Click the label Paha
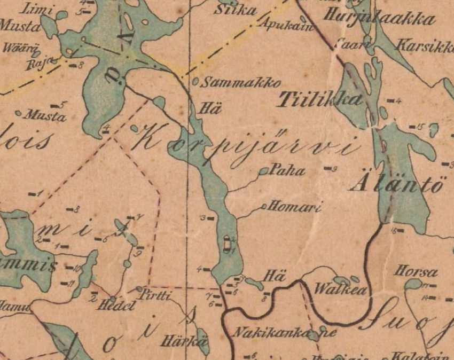288,171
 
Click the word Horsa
416,272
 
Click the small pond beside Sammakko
195,82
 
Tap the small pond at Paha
264,171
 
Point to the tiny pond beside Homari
264,206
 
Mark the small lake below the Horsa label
412,285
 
